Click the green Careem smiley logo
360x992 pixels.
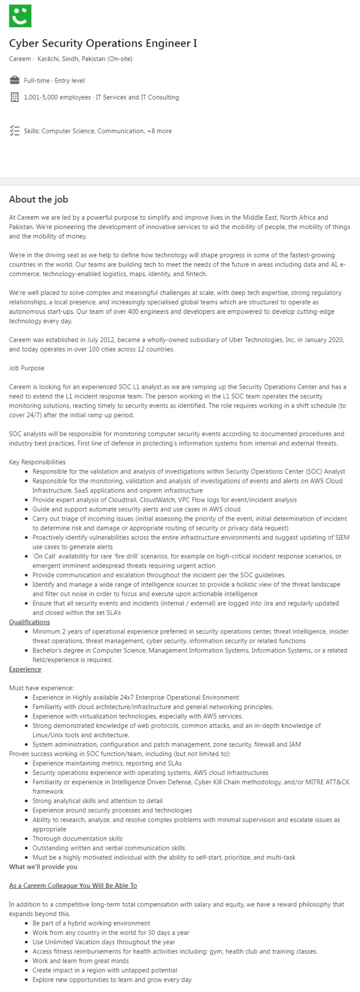pyautogui.click(x=20, y=16)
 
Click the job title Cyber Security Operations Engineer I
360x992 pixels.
pyautogui.click(x=103, y=43)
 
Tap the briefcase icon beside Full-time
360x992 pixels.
pyautogui.click(x=14, y=80)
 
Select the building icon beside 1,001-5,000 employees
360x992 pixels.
pyautogui.click(x=14, y=97)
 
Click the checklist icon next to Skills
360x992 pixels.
pyautogui.click(x=14, y=131)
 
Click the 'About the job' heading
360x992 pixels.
pyautogui.click(x=38, y=199)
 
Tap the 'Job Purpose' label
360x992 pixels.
pyautogui.click(x=27, y=368)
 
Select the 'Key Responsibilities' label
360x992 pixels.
pyautogui.click(x=37, y=462)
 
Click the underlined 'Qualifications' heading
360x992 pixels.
pyautogui.click(x=30, y=622)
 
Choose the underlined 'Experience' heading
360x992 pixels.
pyautogui.click(x=25, y=669)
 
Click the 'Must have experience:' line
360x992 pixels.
pyautogui.click(x=41, y=688)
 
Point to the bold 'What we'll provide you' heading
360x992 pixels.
pyautogui.click(x=43, y=866)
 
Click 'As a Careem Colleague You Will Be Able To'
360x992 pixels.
pyautogui.click(x=73, y=885)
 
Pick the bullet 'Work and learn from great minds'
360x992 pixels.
pyautogui.click(x=80, y=960)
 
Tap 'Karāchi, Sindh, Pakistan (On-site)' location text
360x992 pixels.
pyautogui.click(x=85, y=59)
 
